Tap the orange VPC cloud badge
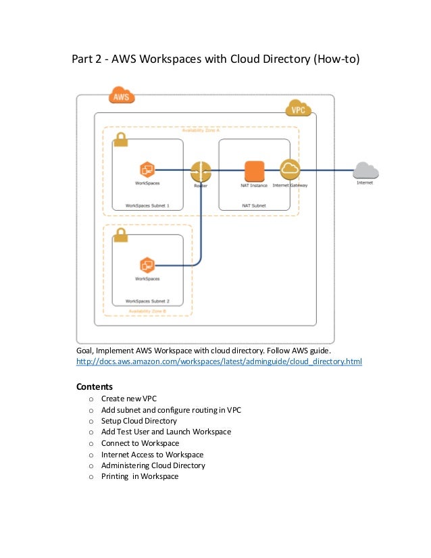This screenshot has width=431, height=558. click(x=297, y=108)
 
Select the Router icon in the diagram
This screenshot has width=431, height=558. click(x=201, y=171)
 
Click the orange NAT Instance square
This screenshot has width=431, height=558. click(x=254, y=171)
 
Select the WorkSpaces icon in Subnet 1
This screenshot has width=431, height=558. click(x=147, y=170)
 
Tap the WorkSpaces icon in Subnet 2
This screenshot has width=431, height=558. click(x=147, y=265)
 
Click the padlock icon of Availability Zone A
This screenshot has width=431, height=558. click(x=122, y=139)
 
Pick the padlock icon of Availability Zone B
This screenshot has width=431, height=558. click(x=122, y=235)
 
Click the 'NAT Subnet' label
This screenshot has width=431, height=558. click(x=254, y=205)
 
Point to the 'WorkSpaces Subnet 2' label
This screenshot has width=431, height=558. click(x=147, y=301)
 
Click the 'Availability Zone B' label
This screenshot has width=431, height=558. click(x=147, y=311)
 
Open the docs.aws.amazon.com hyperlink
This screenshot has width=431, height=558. click(x=219, y=362)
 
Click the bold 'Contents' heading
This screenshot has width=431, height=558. click(x=94, y=387)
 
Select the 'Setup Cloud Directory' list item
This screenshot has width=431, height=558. click(x=138, y=421)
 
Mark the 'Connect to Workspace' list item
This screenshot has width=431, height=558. click(x=140, y=443)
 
